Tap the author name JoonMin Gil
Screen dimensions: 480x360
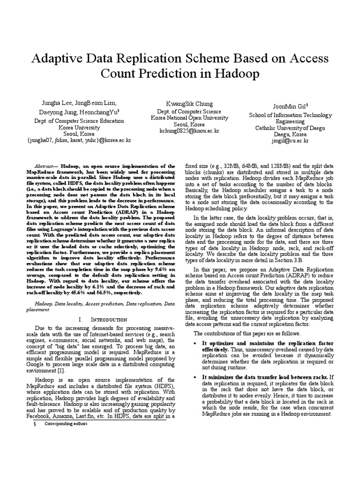click(x=289, y=106)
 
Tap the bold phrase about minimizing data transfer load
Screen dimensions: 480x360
click(x=264, y=377)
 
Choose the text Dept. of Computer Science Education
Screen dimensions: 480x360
click(x=78, y=121)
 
